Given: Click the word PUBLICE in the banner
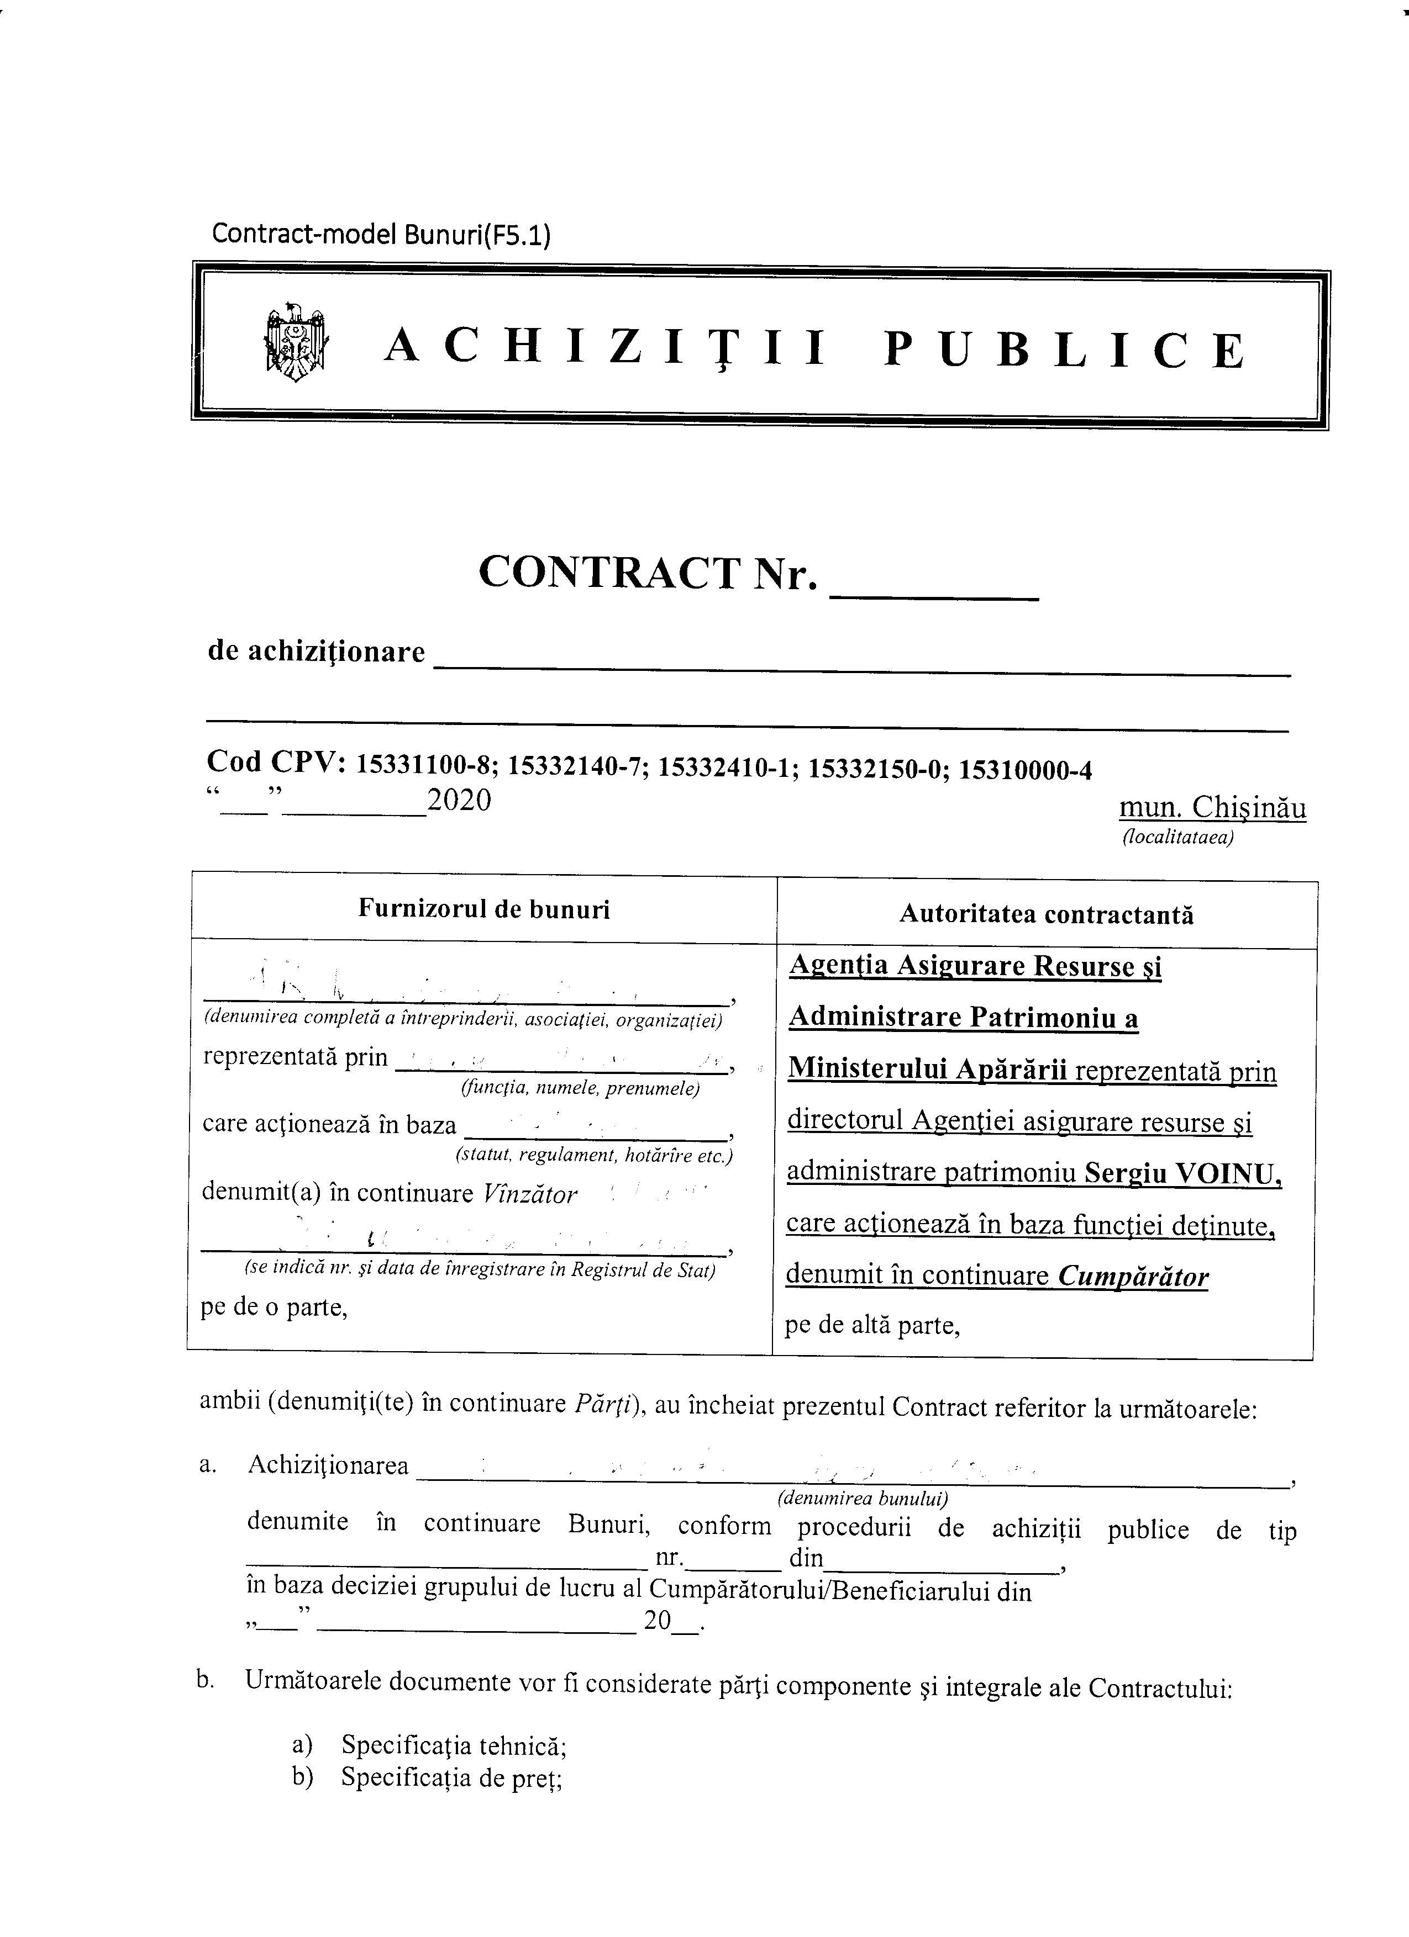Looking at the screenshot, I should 1064,350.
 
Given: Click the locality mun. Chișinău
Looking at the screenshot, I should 1212,808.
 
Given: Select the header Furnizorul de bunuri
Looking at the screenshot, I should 483,909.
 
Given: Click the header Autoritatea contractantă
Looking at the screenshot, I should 1046,915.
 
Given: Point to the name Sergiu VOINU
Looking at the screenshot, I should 1182,1173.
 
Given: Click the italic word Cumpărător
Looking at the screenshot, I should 1133,1277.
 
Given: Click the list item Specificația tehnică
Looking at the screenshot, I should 454,1747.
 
